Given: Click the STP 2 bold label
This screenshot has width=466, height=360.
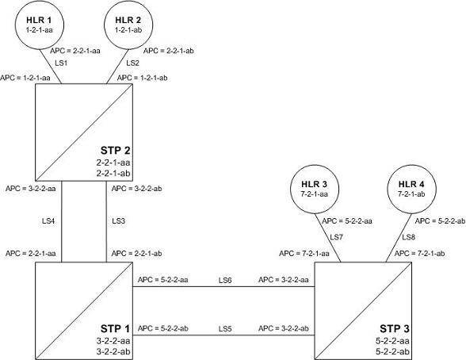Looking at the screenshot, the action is click(x=116, y=151).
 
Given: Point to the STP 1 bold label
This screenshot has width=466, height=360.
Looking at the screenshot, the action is click(x=116, y=329).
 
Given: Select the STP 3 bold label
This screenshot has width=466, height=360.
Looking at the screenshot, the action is click(x=395, y=329).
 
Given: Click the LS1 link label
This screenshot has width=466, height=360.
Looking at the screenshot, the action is click(x=61, y=63).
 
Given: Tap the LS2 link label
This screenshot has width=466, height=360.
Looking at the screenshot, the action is click(x=133, y=63).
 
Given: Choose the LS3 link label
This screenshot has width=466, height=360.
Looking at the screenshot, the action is click(x=119, y=221).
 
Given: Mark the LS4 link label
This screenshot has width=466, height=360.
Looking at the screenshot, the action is click(x=48, y=221).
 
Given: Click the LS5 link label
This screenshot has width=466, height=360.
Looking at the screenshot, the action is click(x=225, y=329).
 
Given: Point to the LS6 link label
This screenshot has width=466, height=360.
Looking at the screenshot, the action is click(x=225, y=280).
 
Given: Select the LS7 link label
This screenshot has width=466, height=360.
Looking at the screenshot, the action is click(x=336, y=237).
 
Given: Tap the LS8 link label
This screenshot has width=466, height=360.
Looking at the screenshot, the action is click(x=409, y=237).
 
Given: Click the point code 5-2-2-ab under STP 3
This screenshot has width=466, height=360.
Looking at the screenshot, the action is click(x=392, y=351).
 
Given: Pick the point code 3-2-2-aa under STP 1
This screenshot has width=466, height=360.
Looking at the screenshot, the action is click(x=113, y=341).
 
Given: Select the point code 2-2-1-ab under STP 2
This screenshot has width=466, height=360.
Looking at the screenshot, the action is click(x=113, y=173).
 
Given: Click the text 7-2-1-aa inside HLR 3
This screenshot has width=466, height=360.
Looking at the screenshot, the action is click(x=315, y=194).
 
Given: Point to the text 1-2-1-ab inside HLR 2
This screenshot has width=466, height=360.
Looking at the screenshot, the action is click(x=128, y=29).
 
